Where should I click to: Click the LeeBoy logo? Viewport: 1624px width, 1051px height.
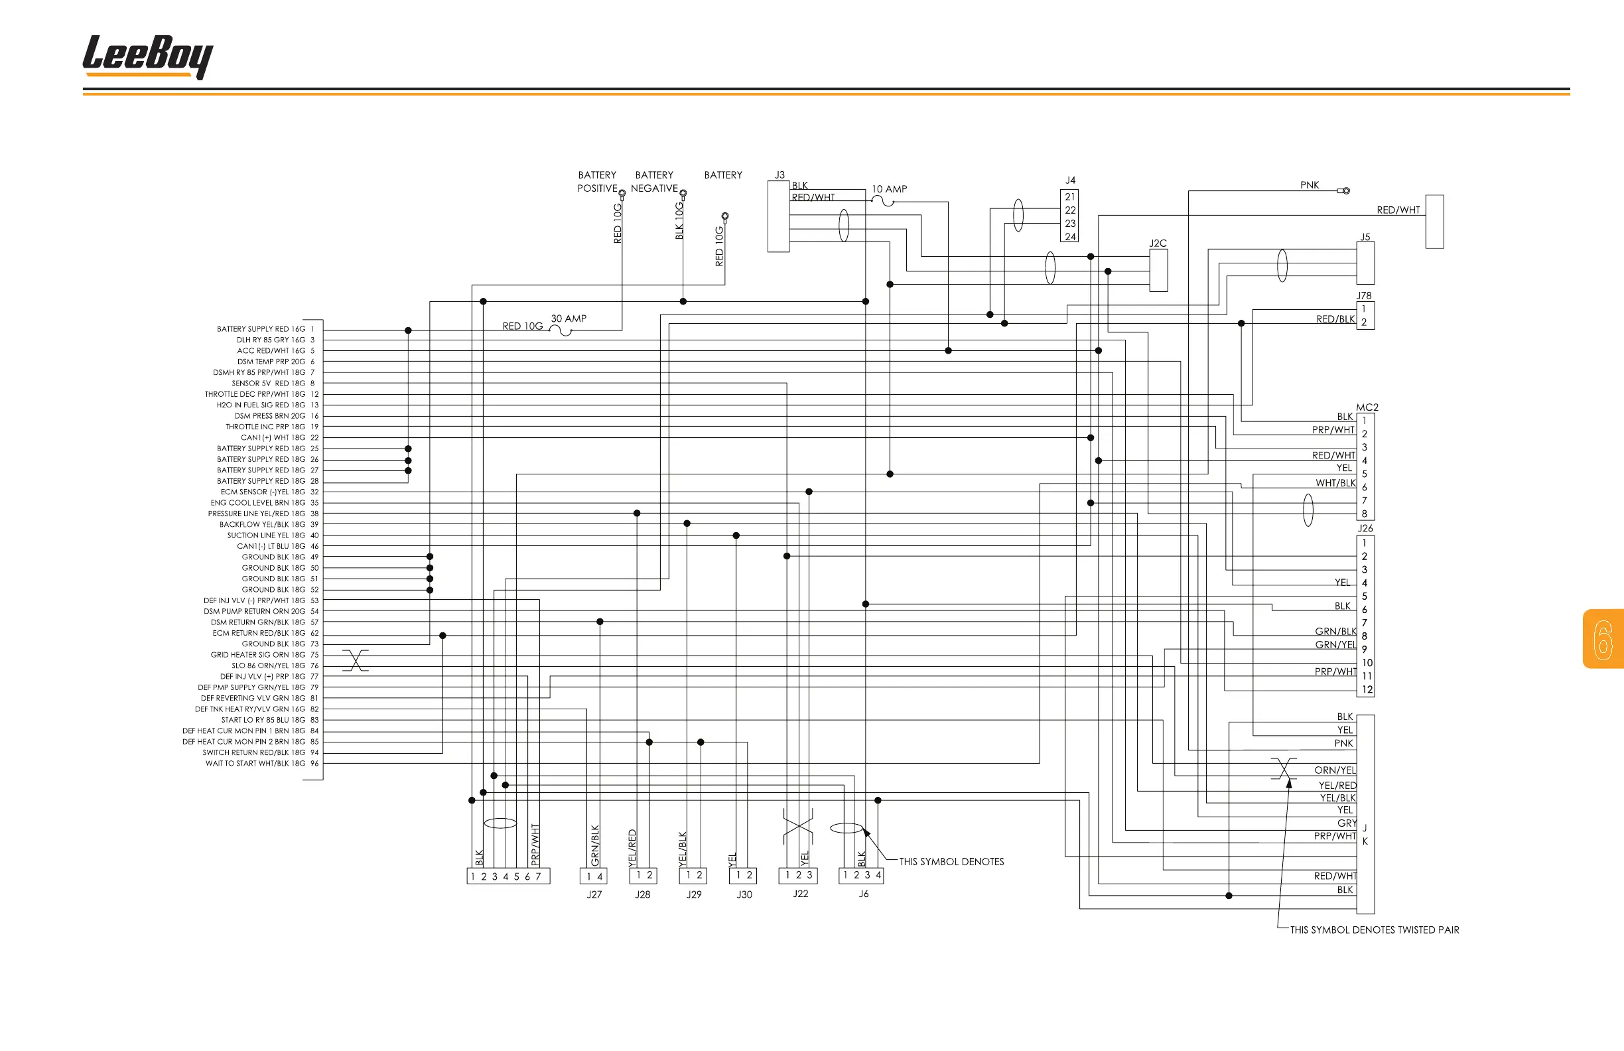coord(147,57)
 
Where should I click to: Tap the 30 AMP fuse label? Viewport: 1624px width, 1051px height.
coord(569,318)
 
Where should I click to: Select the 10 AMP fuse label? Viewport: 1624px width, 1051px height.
coord(889,189)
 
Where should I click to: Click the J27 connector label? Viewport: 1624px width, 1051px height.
coord(594,894)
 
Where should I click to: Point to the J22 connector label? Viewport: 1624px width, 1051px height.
coord(801,894)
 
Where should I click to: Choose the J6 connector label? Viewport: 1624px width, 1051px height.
coord(864,894)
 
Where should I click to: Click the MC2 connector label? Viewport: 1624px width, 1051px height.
coord(1367,407)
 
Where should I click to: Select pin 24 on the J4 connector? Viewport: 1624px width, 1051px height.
coord(1070,237)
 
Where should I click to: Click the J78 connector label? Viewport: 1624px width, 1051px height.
coord(1364,295)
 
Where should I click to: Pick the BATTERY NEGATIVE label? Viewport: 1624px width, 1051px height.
coord(654,182)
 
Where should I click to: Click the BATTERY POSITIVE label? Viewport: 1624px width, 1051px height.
coord(597,182)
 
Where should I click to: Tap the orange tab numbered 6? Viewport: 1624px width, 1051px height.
coord(1603,639)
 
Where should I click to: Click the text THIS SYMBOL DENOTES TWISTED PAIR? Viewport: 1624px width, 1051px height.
coord(1375,930)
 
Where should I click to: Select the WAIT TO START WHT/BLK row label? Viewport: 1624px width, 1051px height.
coord(255,764)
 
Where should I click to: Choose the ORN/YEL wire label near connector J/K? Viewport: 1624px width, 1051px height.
coord(1335,770)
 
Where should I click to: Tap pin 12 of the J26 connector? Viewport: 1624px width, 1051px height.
coord(1367,690)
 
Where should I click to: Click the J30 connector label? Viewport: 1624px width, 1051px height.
coord(744,894)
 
